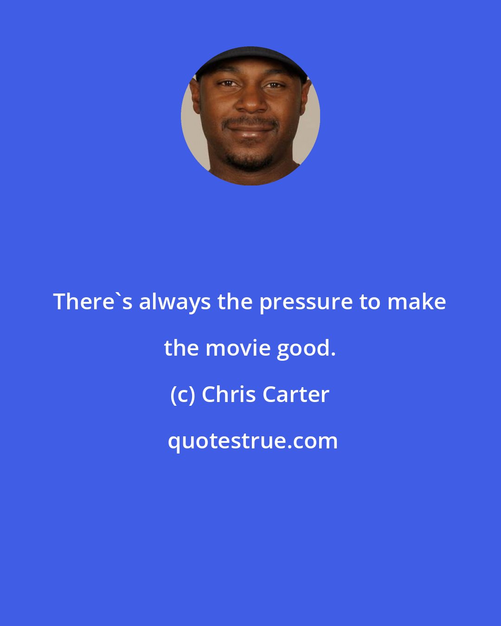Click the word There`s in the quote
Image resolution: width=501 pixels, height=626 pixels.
coord(92,302)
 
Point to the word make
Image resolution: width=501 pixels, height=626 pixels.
coord(417,302)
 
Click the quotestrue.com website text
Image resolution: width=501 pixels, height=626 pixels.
coord(252,441)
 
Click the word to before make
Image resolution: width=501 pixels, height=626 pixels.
coord(370,302)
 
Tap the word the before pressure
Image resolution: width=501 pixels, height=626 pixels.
coord(235,302)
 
